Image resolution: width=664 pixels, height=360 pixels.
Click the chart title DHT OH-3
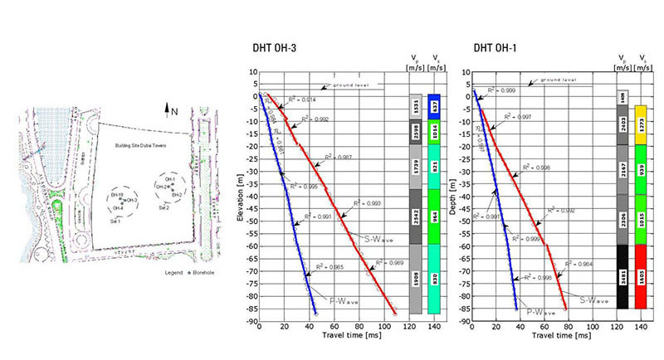point(278,49)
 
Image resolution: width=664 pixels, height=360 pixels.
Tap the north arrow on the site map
point(170,108)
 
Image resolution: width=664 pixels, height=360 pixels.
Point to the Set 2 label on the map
point(165,207)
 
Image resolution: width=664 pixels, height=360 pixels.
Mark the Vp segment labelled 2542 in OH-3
point(416,216)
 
